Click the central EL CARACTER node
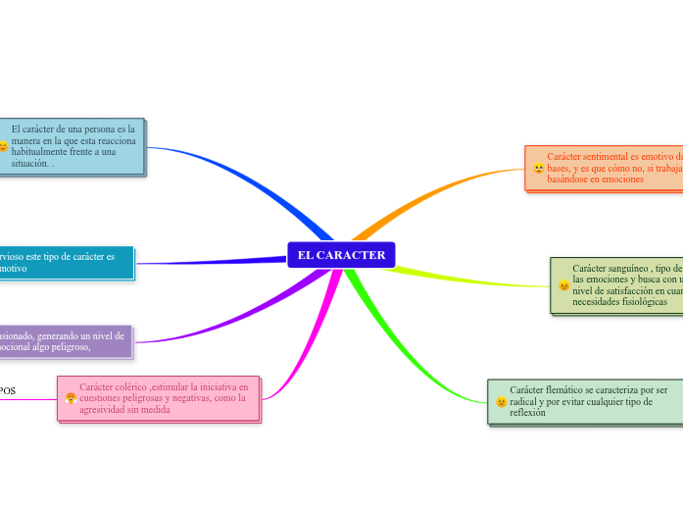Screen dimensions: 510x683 (341, 255)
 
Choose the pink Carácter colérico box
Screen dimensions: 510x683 (159, 398)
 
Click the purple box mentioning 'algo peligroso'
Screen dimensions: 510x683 (64, 340)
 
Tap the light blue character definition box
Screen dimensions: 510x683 (73, 146)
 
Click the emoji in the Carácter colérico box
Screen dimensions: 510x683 (71, 398)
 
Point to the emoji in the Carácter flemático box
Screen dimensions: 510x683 (501, 401)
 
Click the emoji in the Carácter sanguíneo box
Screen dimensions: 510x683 (563, 285)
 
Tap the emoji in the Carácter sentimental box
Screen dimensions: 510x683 (538, 169)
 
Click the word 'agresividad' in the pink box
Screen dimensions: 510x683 (104, 410)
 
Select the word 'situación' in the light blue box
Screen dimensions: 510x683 (29, 164)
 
